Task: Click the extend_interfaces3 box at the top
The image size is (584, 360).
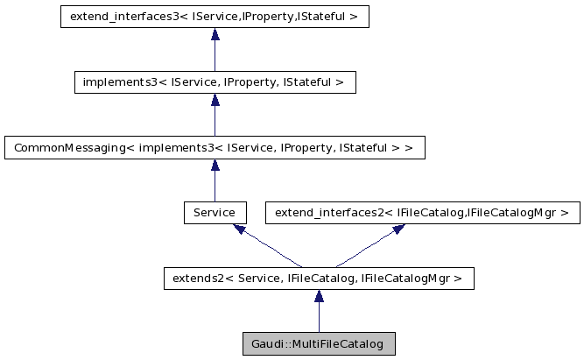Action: click(x=215, y=17)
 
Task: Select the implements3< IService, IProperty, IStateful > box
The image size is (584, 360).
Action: click(x=215, y=82)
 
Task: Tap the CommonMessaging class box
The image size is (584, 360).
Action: click(x=215, y=147)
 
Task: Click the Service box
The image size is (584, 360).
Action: click(x=215, y=212)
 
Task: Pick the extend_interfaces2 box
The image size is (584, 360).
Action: click(x=422, y=212)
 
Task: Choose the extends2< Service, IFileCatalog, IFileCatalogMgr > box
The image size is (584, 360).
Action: click(x=319, y=279)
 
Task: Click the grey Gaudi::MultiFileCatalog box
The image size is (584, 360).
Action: click(x=319, y=343)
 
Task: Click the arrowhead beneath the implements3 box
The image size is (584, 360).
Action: click(x=215, y=100)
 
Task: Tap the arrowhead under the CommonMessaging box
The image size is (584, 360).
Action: click(x=215, y=166)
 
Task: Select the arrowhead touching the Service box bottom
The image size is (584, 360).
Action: click(x=239, y=229)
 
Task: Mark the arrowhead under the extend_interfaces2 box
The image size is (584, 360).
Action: click(x=398, y=229)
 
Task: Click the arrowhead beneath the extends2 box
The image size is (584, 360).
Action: click(x=319, y=296)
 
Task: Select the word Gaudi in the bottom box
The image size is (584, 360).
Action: click(x=266, y=343)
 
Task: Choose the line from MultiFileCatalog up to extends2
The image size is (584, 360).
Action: click(x=319, y=317)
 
